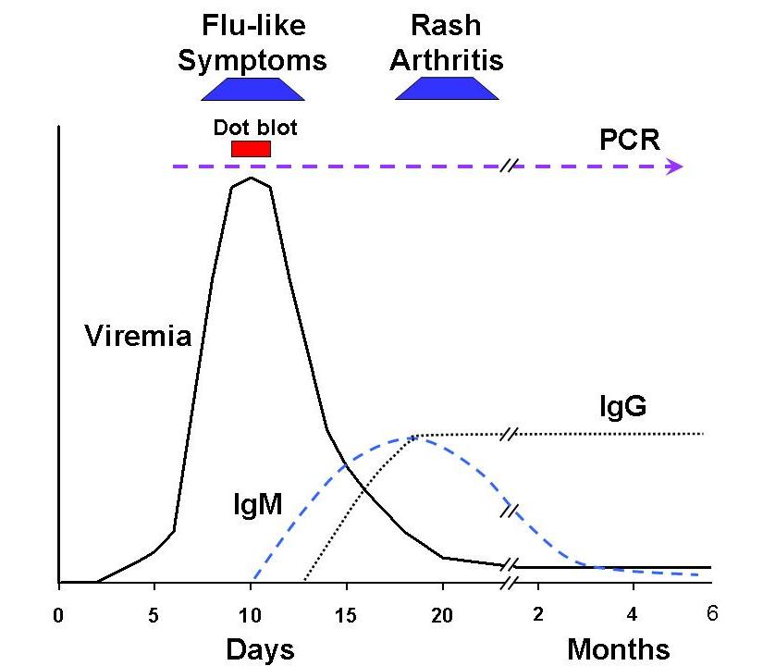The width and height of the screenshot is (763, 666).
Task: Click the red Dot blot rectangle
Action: pyautogui.click(x=251, y=149)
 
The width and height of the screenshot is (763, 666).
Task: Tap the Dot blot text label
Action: pyautogui.click(x=255, y=127)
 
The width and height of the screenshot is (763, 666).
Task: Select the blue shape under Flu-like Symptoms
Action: pyautogui.click(x=252, y=89)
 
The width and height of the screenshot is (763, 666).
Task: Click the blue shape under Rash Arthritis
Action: pyautogui.click(x=447, y=89)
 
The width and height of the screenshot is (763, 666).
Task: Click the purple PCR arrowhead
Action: pyautogui.click(x=675, y=166)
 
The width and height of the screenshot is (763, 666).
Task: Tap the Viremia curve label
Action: pyautogui.click(x=137, y=334)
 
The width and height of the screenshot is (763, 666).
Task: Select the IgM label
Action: pyautogui.click(x=257, y=504)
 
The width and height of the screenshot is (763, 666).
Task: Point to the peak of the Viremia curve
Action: pyautogui.click(x=250, y=178)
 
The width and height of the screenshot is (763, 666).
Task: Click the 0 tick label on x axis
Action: pyautogui.click(x=59, y=612)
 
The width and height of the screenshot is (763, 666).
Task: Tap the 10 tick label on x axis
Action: pyautogui.click(x=250, y=612)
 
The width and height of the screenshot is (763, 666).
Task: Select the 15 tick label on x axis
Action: pyautogui.click(x=346, y=612)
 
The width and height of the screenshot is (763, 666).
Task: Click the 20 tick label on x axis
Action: pyautogui.click(x=442, y=612)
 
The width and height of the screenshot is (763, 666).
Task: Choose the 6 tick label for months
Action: pyautogui.click(x=712, y=611)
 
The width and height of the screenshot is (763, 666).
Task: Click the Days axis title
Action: pyautogui.click(x=260, y=647)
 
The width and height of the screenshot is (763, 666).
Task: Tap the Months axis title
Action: pyautogui.click(x=618, y=647)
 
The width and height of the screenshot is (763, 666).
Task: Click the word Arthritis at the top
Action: pyautogui.click(x=447, y=60)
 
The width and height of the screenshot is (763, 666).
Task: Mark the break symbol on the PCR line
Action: pyautogui.click(x=509, y=166)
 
